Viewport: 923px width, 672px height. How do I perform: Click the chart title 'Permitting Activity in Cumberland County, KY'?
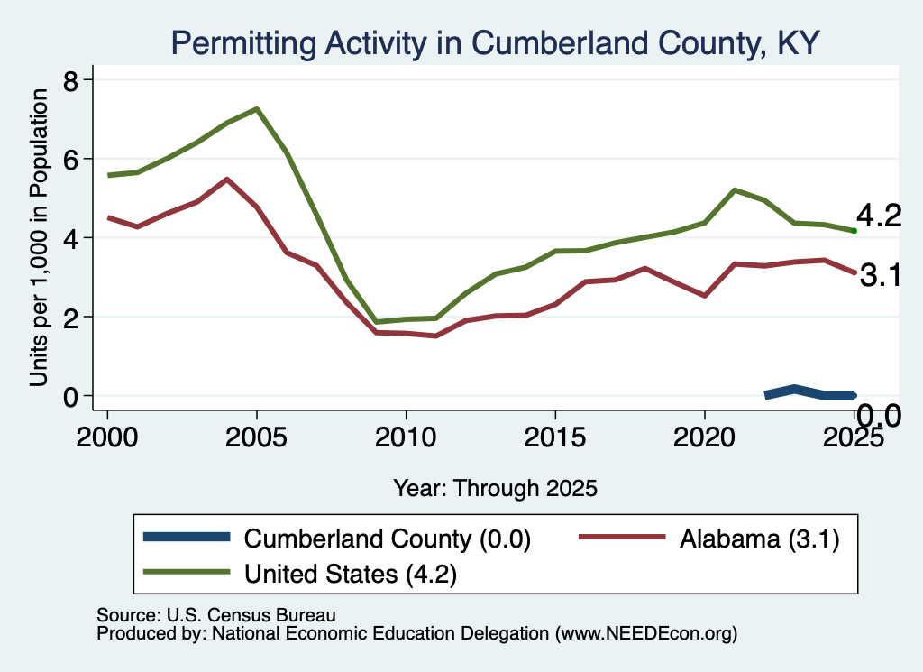495,43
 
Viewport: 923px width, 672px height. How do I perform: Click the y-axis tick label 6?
71,159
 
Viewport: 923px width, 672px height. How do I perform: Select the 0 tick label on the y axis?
71,396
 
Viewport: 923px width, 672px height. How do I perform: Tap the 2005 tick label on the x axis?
256,437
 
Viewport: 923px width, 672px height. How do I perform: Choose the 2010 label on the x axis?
406,437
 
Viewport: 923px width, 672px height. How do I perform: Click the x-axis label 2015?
555,437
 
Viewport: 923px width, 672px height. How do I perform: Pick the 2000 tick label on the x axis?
107,437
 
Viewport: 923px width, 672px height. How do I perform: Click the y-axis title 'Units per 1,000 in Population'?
39,237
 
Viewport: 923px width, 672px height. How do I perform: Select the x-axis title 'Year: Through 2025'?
495,488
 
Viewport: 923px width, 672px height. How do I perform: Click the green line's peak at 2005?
257,109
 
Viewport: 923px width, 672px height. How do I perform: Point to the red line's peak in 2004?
226,179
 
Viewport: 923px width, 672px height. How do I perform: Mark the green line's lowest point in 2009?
376,322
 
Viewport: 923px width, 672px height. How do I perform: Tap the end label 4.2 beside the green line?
878,216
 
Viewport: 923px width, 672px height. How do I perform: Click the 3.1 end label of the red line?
881,275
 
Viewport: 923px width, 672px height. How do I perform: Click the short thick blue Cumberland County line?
810,393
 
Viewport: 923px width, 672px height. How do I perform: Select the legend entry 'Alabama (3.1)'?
759,539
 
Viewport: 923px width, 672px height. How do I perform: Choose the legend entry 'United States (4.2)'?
351,574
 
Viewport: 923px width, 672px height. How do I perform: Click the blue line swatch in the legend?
187,537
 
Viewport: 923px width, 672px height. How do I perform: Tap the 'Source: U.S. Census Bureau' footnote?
216,615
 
